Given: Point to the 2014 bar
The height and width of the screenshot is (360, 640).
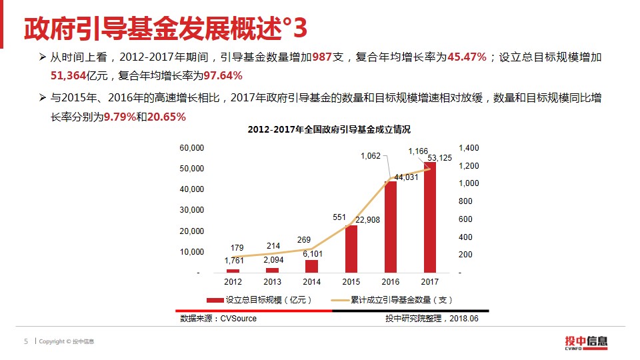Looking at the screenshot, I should tap(311, 266).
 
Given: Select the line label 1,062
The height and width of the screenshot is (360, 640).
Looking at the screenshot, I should tap(371, 156).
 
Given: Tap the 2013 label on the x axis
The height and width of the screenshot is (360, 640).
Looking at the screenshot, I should tap(272, 282).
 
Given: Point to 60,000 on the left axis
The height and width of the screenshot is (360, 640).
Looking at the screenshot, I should tap(192, 147).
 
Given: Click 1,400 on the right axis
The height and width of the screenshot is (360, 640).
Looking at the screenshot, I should tap(469, 147).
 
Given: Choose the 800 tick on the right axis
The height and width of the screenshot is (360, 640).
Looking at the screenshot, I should tap(465, 201).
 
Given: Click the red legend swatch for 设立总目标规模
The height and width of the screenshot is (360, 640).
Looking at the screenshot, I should tap(215, 300).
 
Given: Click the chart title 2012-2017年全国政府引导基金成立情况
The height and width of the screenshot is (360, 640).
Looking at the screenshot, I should tap(329, 129).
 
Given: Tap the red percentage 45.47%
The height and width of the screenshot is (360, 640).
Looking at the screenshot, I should tap(467, 58).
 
